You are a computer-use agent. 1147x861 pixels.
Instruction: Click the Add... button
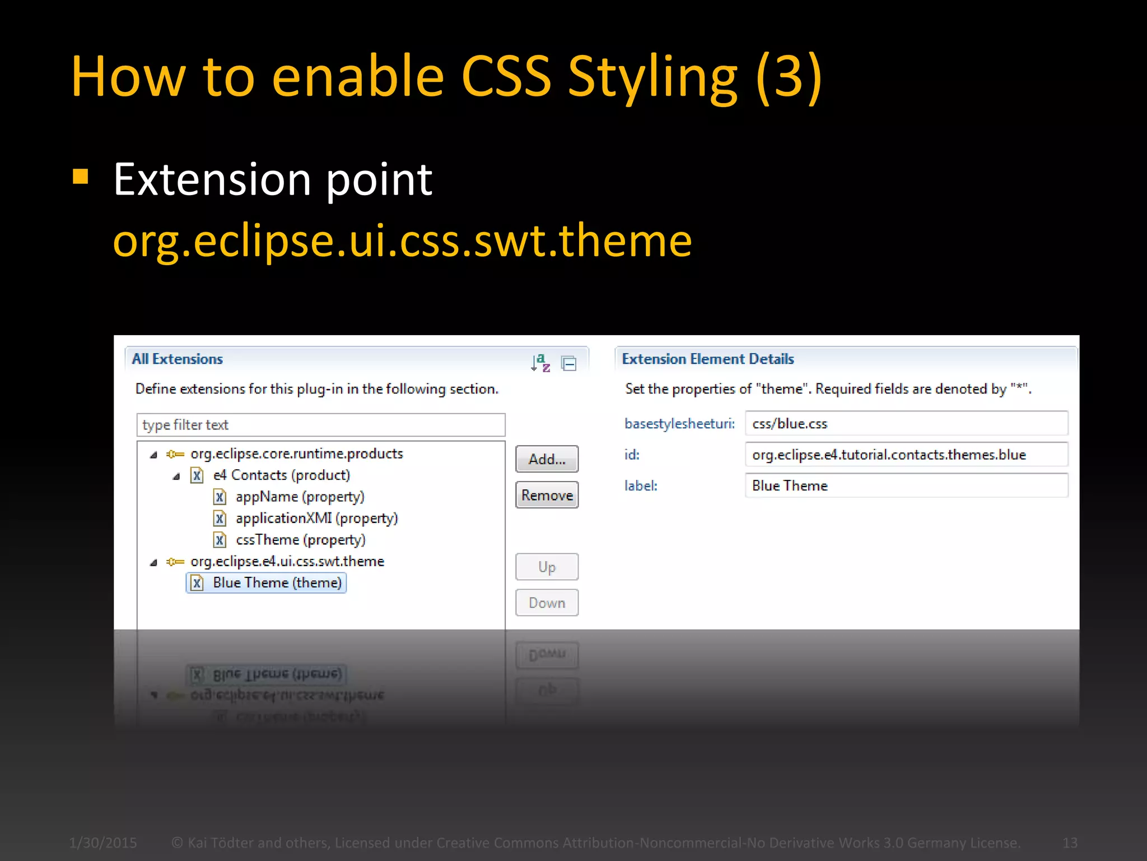coord(547,459)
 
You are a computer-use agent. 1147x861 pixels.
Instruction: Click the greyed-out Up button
coord(547,567)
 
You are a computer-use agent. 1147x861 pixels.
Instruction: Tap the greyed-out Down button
coord(547,603)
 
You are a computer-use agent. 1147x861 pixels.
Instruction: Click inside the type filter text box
coord(320,425)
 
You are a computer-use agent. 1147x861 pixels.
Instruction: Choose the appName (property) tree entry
coord(300,497)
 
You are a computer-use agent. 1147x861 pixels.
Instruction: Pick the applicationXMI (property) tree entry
coord(316,518)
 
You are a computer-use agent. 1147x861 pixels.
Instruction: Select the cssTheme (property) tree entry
coord(300,540)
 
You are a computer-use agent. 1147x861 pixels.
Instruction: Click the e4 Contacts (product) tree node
coord(281,475)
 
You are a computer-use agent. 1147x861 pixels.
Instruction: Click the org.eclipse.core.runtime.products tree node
coord(296,453)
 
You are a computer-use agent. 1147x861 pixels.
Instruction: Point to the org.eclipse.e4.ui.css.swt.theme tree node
coord(287,561)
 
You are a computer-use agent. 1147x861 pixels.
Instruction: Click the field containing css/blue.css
coord(906,424)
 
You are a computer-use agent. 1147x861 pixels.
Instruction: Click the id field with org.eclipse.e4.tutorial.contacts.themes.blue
coord(906,455)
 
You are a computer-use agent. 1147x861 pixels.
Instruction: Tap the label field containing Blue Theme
coord(906,485)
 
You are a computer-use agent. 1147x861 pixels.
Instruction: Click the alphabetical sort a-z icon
coord(540,363)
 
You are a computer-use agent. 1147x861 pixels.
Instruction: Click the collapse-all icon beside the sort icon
coord(569,364)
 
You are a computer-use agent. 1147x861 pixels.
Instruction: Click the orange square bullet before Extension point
coord(81,177)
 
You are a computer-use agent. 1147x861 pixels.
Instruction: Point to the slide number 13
coord(1069,843)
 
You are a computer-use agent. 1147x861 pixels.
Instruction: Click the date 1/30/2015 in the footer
coord(103,843)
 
